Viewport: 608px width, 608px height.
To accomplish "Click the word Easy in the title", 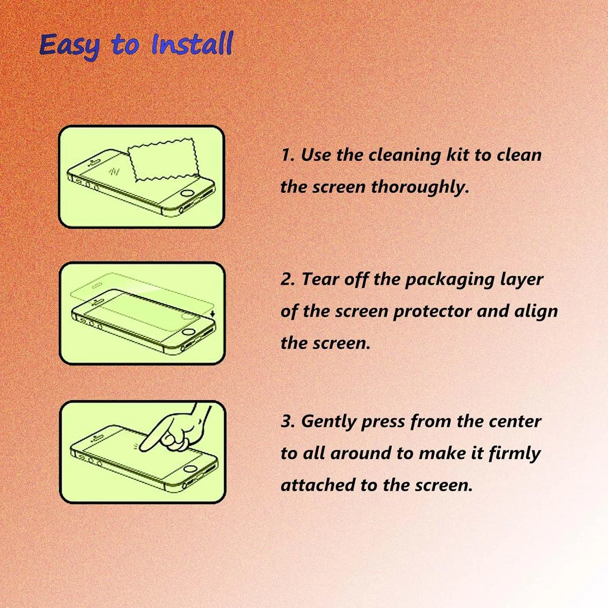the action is click(69, 46).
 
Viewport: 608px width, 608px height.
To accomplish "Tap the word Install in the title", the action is click(192, 43).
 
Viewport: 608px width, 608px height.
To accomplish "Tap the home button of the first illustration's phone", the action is click(187, 193).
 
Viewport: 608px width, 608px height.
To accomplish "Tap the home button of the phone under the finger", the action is click(190, 469).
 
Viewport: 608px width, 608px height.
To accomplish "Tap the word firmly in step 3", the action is click(514, 454).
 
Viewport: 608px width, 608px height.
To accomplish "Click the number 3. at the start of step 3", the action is click(288, 422).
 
